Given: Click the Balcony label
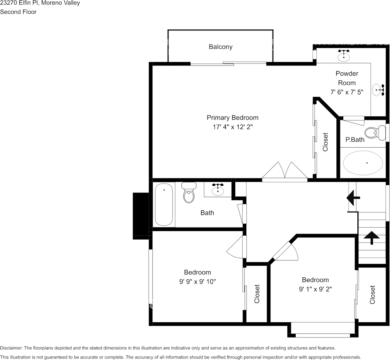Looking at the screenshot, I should pos(220,47).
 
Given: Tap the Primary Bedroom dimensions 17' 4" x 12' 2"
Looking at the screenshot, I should pos(232,127).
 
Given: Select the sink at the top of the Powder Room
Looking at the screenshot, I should pos(344,56).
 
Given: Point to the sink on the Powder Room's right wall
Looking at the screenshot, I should pos(378,90).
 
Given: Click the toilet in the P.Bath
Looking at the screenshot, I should pos(372,132).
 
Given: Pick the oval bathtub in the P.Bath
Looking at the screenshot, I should pos(363,163).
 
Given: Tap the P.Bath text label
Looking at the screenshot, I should pos(355,140).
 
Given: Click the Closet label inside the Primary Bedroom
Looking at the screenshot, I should pos(325,142).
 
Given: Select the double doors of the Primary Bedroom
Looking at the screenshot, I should pos(285,171).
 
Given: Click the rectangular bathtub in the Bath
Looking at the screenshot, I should pos(164,204).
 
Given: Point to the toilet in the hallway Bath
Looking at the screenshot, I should pos(189,193).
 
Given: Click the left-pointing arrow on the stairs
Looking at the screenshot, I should pos(353,198).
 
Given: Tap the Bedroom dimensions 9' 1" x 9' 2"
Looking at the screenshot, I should pos(315,289).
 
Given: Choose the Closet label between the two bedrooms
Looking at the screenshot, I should pos(257,294).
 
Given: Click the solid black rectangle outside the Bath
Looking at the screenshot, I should pos(140,216).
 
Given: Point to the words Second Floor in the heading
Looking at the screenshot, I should pos(18,12).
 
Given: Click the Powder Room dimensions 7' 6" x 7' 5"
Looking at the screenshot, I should pos(347,92).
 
